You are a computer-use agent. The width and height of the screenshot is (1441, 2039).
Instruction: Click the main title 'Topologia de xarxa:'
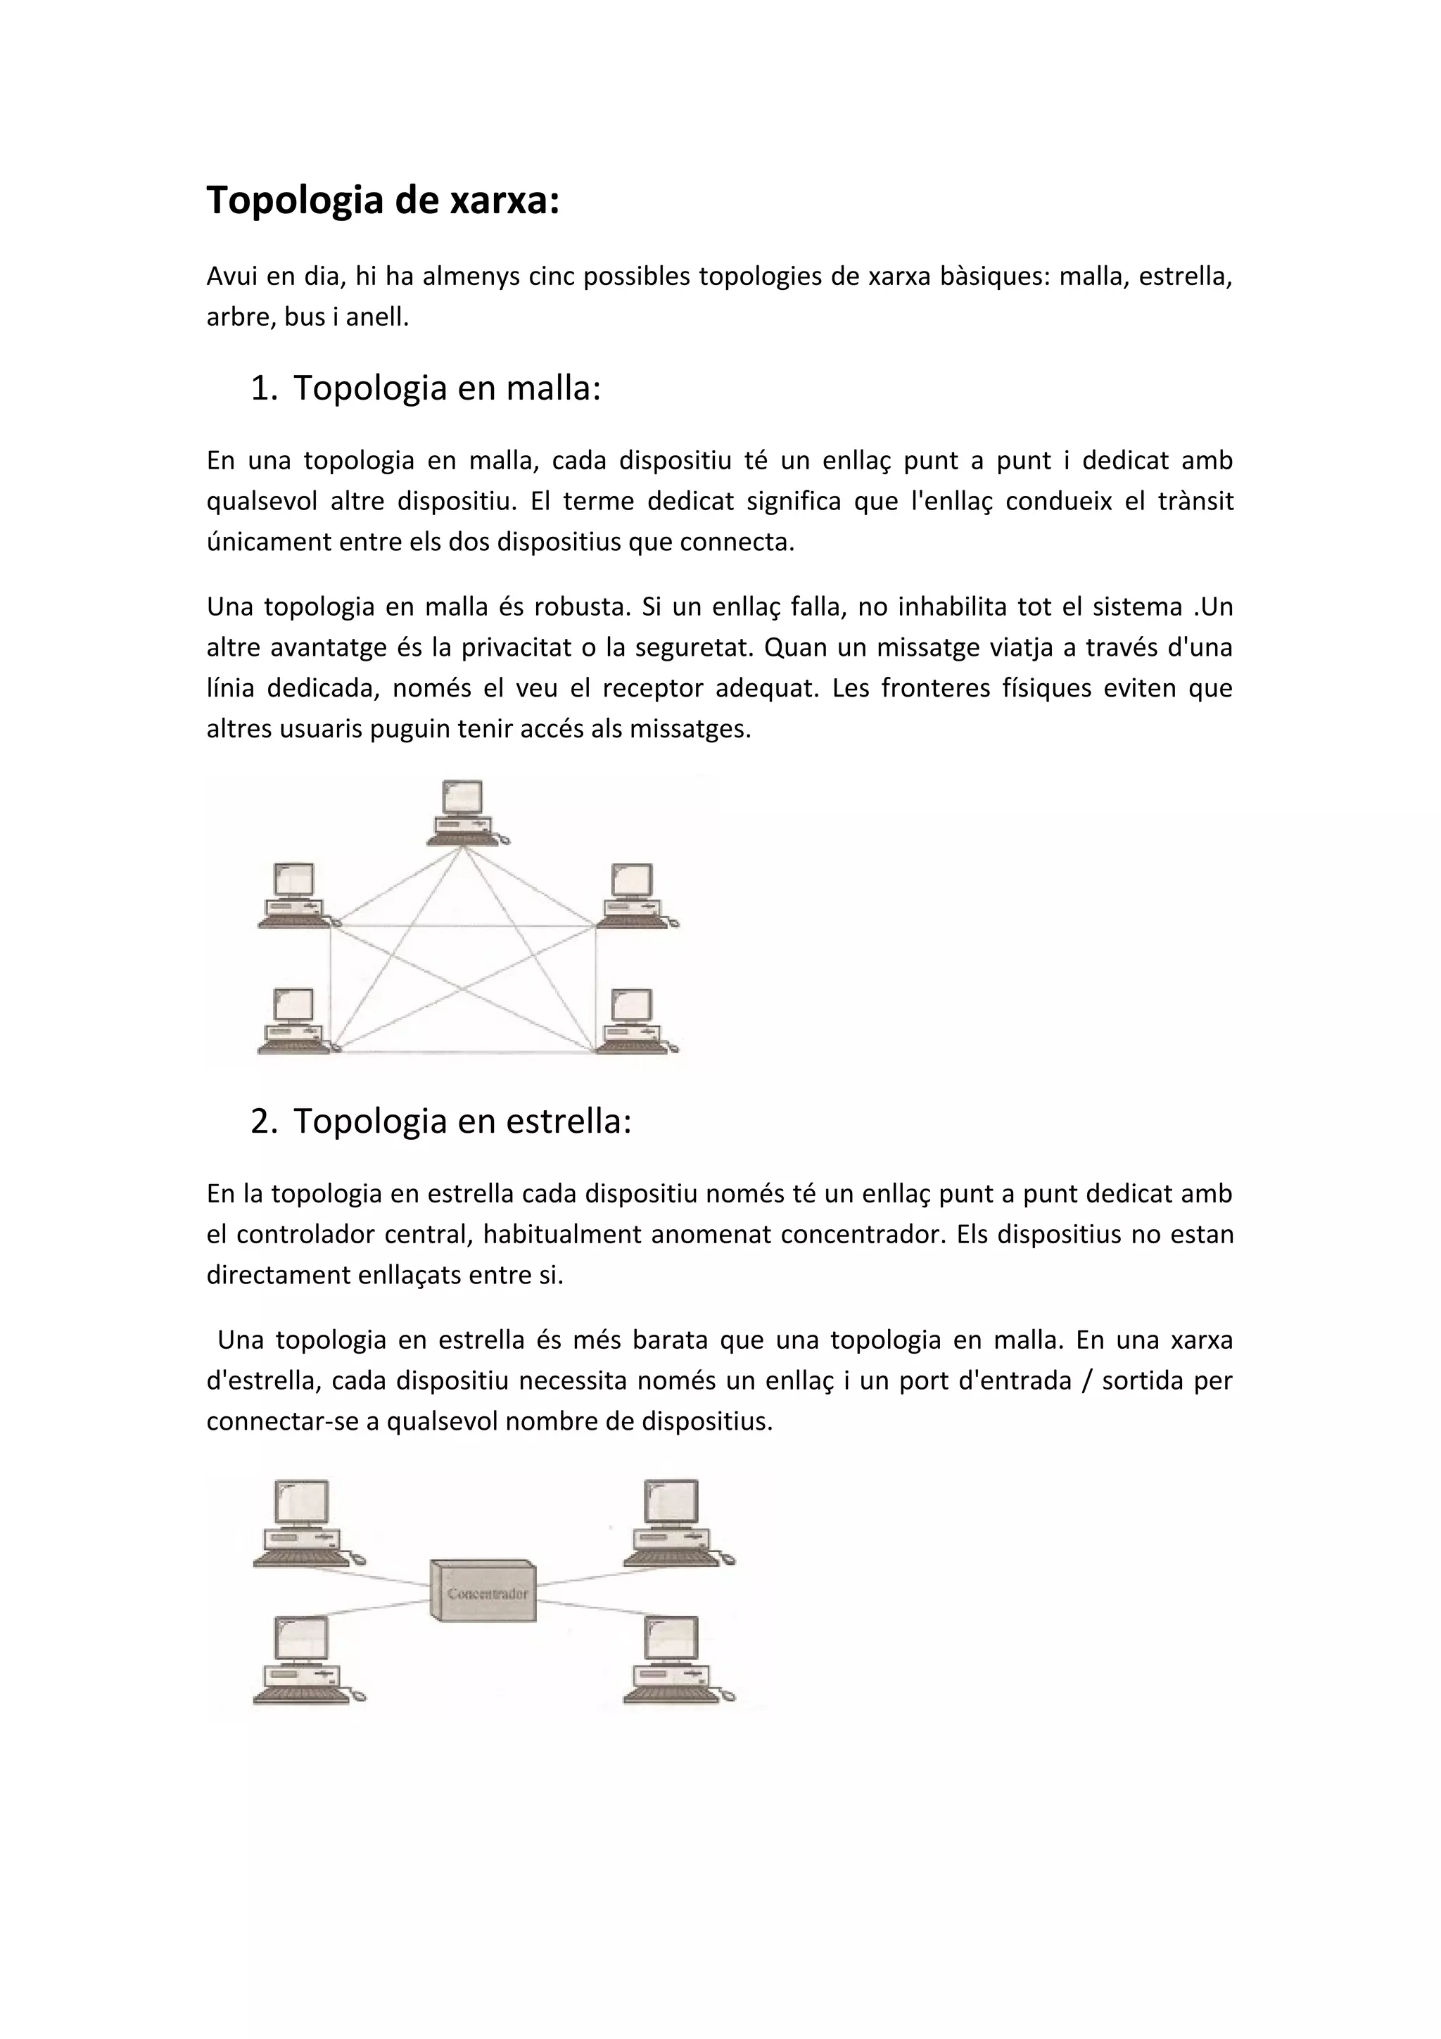pos(383,201)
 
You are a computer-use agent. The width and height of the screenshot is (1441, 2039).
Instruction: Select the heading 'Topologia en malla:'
pos(447,388)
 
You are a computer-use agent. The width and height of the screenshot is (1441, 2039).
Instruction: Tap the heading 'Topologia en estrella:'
pos(462,1121)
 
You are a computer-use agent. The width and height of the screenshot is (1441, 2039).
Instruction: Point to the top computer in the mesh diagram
pos(464,812)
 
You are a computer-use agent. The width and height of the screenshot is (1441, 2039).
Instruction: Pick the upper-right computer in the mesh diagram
pos(634,894)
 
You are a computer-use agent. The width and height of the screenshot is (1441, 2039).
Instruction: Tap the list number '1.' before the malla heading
pos(265,388)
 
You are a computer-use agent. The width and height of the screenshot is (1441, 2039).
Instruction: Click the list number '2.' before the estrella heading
pos(265,1121)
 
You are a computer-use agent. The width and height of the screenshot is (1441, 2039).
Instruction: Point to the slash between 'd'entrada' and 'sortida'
pos(1087,1381)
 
